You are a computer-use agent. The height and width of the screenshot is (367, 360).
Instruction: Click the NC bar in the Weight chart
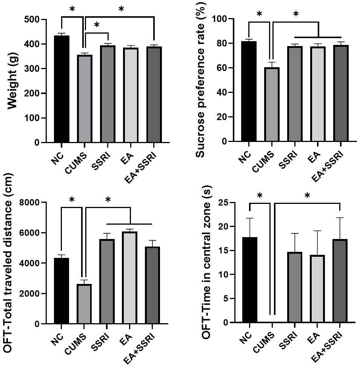[62, 89]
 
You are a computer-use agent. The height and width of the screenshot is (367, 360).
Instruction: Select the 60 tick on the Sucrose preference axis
[220, 68]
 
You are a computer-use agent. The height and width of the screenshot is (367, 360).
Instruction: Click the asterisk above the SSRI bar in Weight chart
[97, 25]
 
